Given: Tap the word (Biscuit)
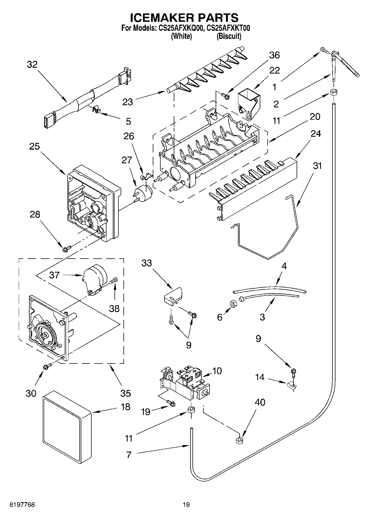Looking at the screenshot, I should pos(229,36).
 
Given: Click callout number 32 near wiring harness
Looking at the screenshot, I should pos(32,65).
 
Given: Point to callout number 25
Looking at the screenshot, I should pos(35,146).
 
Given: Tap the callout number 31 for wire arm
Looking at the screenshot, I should pos(317,166).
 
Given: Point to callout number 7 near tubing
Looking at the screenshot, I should pos(128,455).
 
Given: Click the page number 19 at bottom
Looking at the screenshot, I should pos(186,505).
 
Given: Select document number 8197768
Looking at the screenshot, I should pos(22,505).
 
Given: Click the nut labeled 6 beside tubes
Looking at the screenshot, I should pos(234,303).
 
